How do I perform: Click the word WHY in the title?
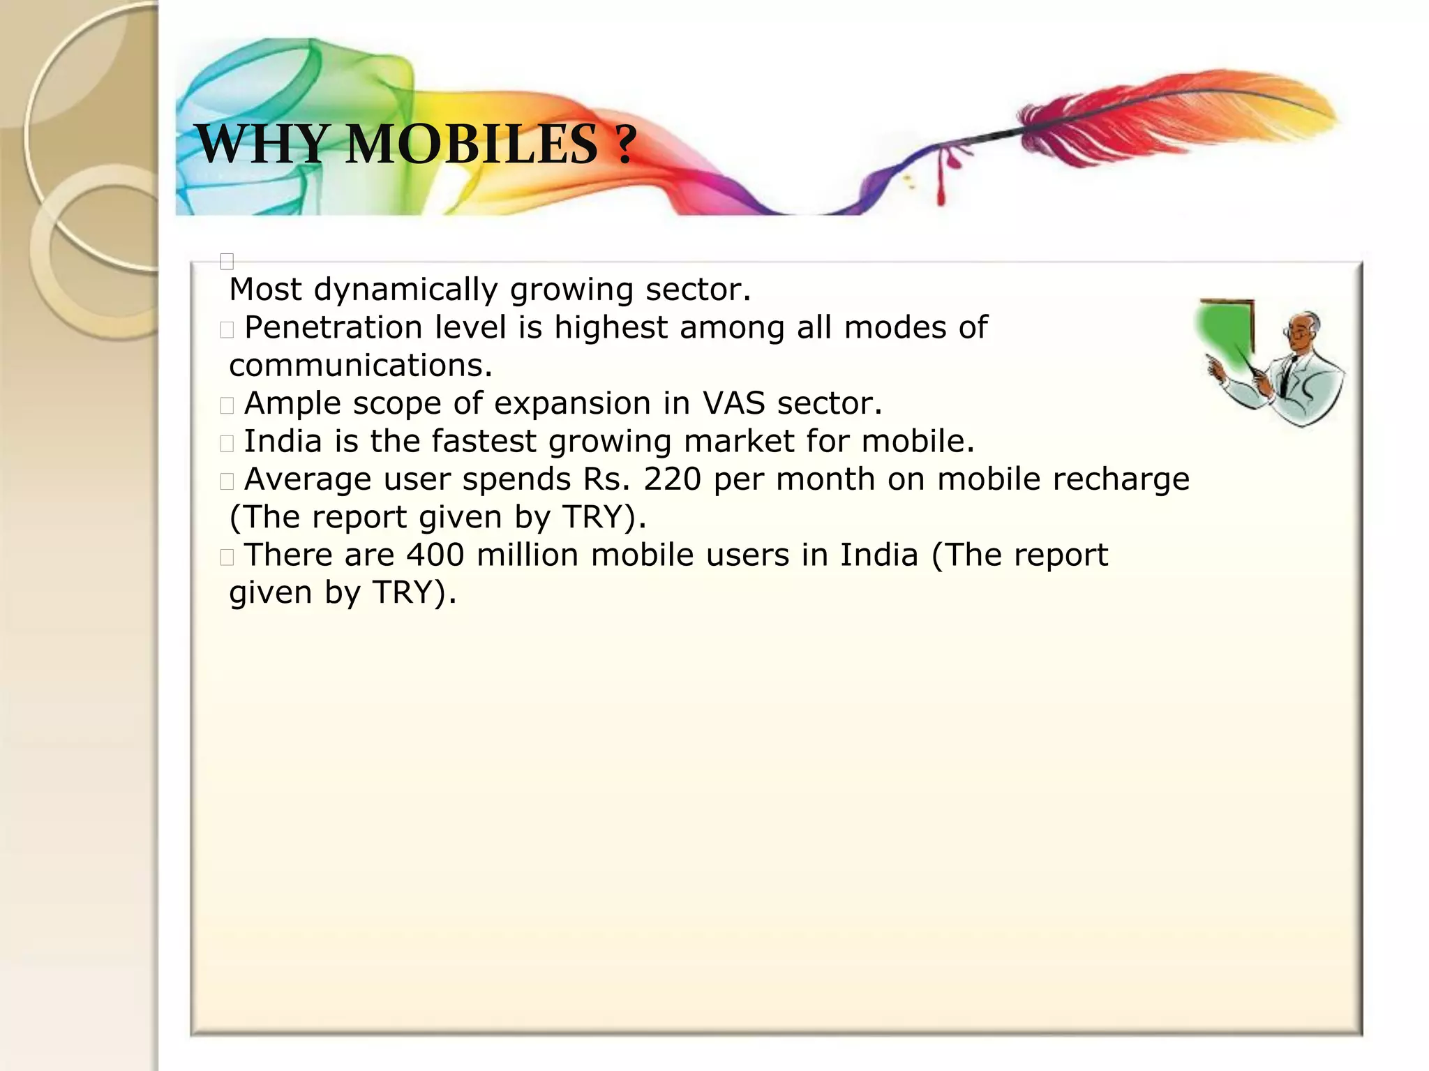[262, 144]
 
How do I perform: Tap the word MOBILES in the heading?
[472, 144]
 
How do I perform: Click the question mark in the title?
[626, 144]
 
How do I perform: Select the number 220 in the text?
[672, 479]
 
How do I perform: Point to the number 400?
[436, 555]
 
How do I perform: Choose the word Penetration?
[334, 328]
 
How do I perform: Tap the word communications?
[360, 366]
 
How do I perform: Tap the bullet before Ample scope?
[227, 405]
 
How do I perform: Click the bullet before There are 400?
[227, 557]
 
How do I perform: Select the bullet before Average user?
[227, 481]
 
